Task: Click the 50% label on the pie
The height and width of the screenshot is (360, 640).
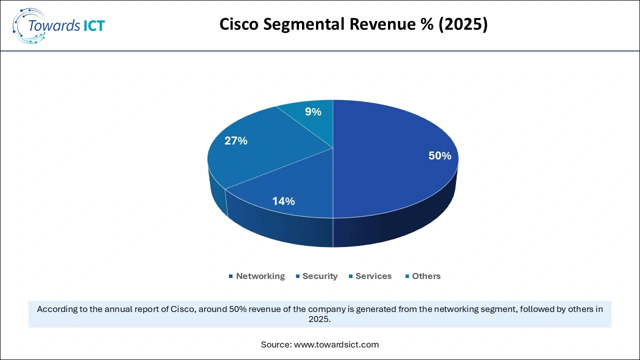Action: pyautogui.click(x=439, y=156)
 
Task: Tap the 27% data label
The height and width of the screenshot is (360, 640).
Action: pyautogui.click(x=236, y=141)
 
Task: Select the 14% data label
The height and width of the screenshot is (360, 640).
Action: pyautogui.click(x=283, y=201)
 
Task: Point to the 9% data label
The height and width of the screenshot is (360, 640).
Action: pyautogui.click(x=313, y=112)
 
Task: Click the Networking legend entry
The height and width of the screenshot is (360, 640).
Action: pyautogui.click(x=260, y=276)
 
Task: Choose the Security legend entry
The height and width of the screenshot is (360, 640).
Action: pyautogui.click(x=320, y=276)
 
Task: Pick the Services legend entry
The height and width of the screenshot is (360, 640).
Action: pyautogui.click(x=373, y=276)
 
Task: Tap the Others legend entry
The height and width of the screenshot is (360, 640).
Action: pyautogui.click(x=426, y=276)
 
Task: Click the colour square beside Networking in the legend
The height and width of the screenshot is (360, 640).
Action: pyautogui.click(x=231, y=276)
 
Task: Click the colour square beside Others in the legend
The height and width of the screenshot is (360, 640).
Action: pyautogui.click(x=407, y=276)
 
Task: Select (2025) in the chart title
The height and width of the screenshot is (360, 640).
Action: pyautogui.click(x=463, y=23)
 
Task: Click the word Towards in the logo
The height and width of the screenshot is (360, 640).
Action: pyautogui.click(x=54, y=26)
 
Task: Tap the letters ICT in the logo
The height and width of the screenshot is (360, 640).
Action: pyautogui.click(x=92, y=26)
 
